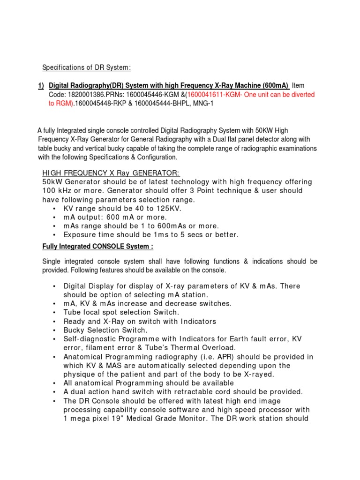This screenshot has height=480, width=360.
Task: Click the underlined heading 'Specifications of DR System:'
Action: [x=87, y=68]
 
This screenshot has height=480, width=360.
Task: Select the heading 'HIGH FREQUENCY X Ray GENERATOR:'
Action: [x=111, y=173]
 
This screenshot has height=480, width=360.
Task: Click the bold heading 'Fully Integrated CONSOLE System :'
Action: [x=97, y=247]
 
